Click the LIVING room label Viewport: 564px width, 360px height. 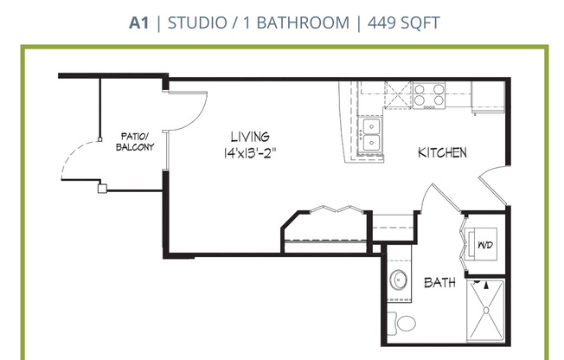[x=249, y=137]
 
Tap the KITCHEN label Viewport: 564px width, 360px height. [x=442, y=153]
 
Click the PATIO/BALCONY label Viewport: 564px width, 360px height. [x=135, y=142]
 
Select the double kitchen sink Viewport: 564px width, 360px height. [x=371, y=134]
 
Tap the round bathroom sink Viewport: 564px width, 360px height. [x=399, y=280]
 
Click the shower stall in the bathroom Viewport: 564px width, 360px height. [x=485, y=312]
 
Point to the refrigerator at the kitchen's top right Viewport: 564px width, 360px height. [x=488, y=95]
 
